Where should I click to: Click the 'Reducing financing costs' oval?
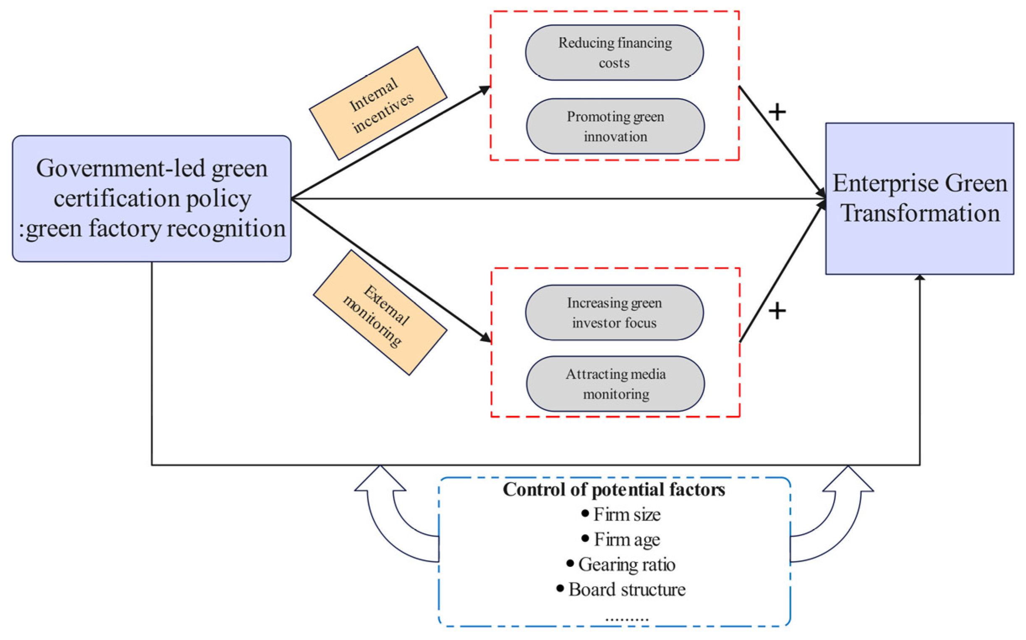point(614,52)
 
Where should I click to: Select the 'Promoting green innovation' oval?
point(615,126)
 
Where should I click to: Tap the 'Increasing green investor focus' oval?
point(614,313)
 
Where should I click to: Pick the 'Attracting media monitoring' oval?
point(615,384)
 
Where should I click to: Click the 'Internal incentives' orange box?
point(378,103)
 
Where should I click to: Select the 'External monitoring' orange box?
point(380,313)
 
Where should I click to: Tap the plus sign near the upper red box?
point(777,113)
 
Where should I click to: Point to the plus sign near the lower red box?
point(777,311)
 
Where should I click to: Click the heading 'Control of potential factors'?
point(614,490)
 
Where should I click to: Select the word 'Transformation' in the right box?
point(920,213)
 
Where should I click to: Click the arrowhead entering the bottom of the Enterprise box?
point(919,277)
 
